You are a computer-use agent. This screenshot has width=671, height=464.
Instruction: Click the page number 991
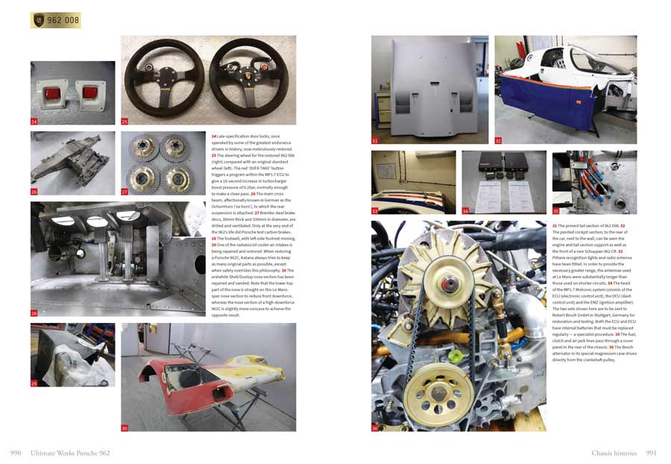click(x=650, y=453)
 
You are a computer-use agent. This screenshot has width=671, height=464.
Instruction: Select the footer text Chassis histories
click(x=614, y=453)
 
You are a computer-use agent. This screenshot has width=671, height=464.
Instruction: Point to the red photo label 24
click(x=34, y=120)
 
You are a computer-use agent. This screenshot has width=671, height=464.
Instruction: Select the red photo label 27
click(x=125, y=191)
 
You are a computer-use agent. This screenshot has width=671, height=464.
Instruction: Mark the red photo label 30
click(x=125, y=427)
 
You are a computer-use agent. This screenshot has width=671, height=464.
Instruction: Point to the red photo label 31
click(x=375, y=139)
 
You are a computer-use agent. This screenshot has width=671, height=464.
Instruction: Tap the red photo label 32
click(x=498, y=139)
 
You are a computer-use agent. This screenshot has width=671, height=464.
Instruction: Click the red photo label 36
click(x=375, y=427)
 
